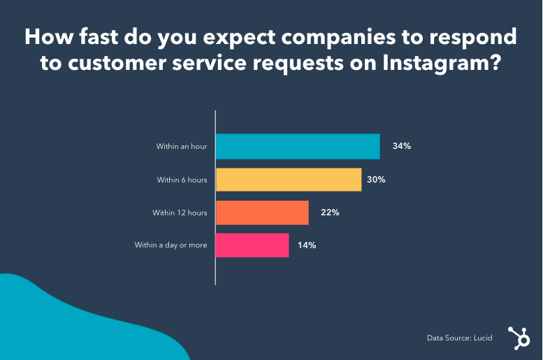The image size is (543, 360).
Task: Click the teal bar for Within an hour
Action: [x=297, y=147]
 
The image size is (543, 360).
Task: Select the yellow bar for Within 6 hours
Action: [x=288, y=180]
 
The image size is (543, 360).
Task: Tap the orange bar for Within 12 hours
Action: [x=262, y=213]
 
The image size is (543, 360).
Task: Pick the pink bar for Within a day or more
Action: [x=252, y=245]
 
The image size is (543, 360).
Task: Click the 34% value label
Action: [x=401, y=147]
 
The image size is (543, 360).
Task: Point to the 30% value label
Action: [x=376, y=180]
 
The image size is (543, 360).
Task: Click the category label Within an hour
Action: [x=182, y=147]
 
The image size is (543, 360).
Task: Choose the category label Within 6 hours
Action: [x=182, y=180]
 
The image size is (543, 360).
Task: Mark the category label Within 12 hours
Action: [x=180, y=213]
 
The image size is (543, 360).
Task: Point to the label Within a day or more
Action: [x=171, y=245]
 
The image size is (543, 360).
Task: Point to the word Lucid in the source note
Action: [x=482, y=338]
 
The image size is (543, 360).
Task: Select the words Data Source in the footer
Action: [x=447, y=338]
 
